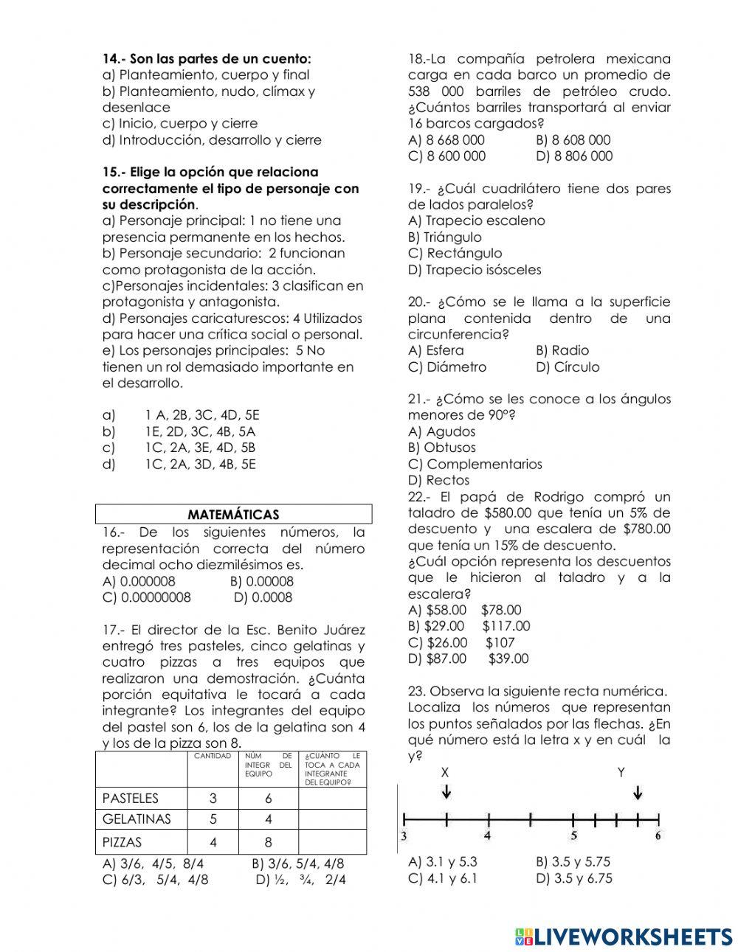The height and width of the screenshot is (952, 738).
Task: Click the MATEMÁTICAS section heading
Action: (x=233, y=514)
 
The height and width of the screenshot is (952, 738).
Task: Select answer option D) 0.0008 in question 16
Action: (x=263, y=597)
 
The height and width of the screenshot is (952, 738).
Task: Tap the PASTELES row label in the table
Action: (x=130, y=798)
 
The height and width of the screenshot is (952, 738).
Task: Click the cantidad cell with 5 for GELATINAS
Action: (x=213, y=819)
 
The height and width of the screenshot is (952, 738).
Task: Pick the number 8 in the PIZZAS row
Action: (x=268, y=842)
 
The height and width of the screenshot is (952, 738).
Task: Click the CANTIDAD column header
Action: (x=213, y=757)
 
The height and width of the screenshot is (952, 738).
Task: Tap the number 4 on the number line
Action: (x=487, y=836)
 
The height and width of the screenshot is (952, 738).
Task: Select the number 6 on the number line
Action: (x=658, y=836)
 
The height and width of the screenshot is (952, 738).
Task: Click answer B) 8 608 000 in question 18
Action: (x=573, y=139)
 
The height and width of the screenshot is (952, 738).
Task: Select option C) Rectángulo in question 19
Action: (x=455, y=253)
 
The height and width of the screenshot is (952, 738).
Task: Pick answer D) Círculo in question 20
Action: (x=568, y=366)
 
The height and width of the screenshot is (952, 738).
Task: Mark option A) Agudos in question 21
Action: (x=441, y=431)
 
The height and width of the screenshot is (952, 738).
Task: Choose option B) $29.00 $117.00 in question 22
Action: (x=469, y=626)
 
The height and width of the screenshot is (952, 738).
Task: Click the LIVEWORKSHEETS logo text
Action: (x=631, y=936)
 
